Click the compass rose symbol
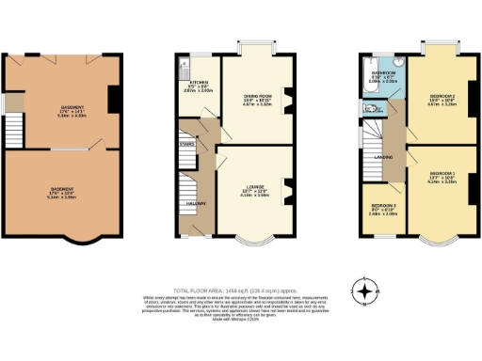coord(363,290)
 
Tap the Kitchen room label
coord(198,83)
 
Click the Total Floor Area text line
coord(240,290)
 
